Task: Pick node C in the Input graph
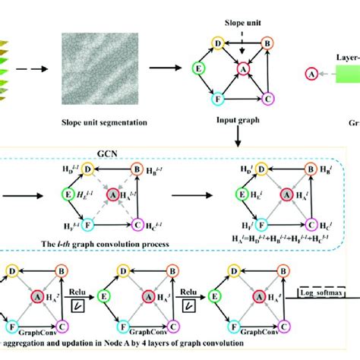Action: [x=267, y=99]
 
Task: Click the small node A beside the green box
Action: [x=311, y=74]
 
